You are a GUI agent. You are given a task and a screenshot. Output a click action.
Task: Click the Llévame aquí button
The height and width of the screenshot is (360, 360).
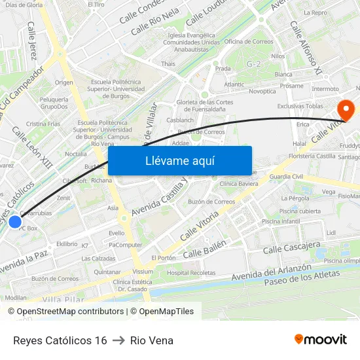(179, 160)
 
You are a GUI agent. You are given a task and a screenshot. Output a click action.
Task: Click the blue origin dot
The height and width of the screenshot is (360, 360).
(15, 222)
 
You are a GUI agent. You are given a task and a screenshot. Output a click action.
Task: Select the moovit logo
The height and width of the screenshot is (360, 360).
(320, 339)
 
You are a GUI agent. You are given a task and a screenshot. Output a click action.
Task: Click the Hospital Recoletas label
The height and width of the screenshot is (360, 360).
(191, 272)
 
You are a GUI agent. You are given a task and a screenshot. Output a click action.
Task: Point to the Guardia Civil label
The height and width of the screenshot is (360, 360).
(287, 177)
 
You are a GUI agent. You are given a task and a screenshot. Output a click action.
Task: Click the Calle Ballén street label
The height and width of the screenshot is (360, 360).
(204, 249)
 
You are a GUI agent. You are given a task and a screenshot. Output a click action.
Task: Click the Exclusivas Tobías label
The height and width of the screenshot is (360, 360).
(300, 105)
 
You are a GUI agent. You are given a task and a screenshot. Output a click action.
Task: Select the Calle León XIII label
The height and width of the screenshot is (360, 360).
(32, 147)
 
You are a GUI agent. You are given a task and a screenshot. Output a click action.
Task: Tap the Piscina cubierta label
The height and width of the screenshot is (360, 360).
(300, 211)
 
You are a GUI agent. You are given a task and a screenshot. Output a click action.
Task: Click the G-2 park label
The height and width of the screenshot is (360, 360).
(253, 63)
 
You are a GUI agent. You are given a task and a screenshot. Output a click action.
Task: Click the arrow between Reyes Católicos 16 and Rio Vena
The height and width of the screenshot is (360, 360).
(118, 340)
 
